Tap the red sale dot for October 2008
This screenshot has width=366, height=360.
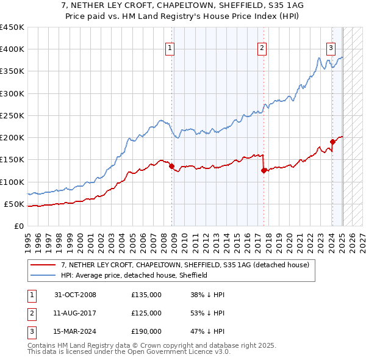(171, 166)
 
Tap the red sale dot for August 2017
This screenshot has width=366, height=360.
(264, 171)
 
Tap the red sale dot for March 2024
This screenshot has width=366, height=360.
(332, 142)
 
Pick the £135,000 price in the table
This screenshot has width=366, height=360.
(146, 295)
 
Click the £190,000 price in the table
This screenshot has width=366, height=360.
(146, 331)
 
